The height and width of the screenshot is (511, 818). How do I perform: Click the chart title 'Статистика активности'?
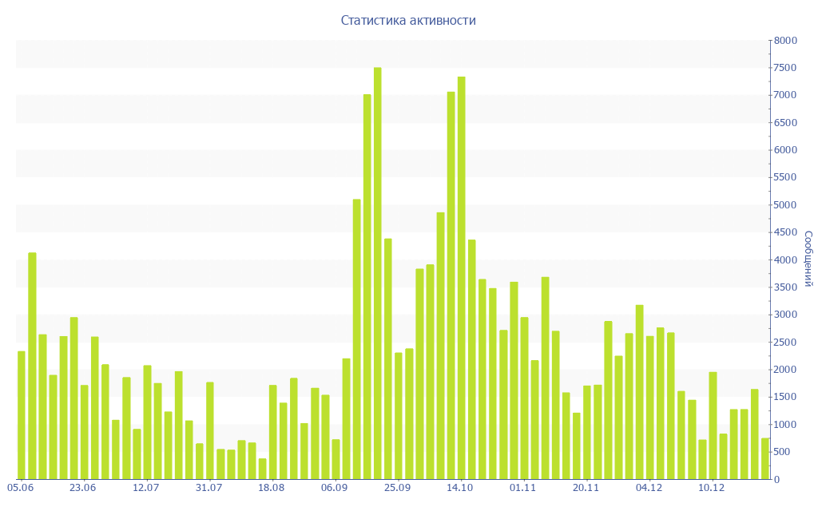408,21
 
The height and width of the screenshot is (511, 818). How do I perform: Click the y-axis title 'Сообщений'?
808,259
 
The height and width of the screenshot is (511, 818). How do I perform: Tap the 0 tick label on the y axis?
776,479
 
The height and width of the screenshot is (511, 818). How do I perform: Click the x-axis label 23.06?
82,488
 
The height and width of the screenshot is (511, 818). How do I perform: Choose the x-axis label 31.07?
208,488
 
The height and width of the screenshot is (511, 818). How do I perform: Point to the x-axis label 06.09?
334,488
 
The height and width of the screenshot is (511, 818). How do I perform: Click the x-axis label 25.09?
397,488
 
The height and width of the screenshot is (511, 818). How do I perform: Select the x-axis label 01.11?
522,488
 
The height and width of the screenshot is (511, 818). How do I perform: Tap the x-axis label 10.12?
711,488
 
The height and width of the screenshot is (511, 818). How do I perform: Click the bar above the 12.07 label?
147,422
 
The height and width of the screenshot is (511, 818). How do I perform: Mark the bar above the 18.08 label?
272,432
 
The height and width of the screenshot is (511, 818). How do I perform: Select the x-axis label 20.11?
586,488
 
